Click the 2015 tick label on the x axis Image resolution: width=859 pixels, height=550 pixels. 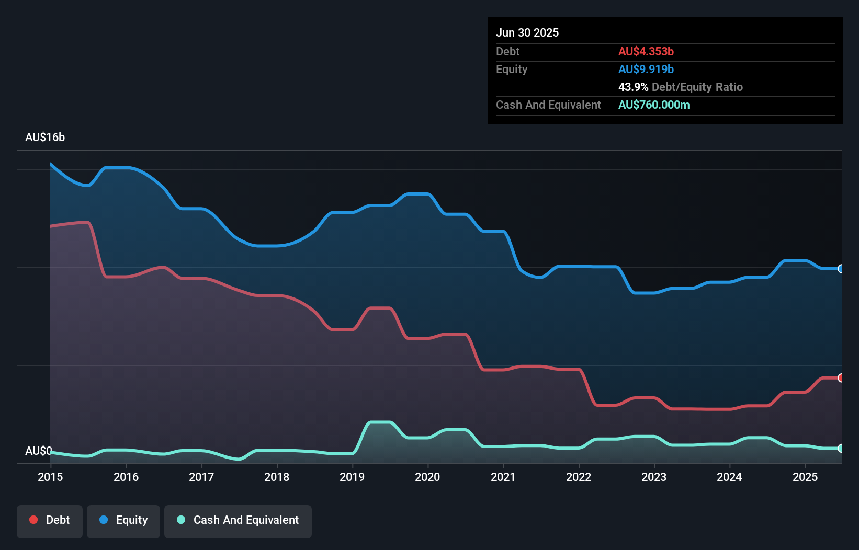pyautogui.click(x=50, y=477)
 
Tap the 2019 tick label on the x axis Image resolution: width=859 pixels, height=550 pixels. pyautogui.click(x=352, y=477)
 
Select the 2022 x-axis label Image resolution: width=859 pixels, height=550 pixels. pyautogui.click(x=579, y=477)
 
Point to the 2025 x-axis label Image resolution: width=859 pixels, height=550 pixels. pyautogui.click(x=805, y=477)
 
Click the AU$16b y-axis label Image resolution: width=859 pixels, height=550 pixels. pyautogui.click(x=45, y=137)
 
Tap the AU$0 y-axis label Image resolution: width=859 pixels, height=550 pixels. pyautogui.click(x=38, y=451)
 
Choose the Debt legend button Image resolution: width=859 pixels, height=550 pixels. pyautogui.click(x=50, y=520)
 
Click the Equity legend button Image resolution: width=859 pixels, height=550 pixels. pyautogui.click(x=123, y=520)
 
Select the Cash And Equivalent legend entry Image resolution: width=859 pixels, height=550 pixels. pyautogui.click(x=238, y=520)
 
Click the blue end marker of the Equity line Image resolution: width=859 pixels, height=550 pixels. pyautogui.click(x=841, y=269)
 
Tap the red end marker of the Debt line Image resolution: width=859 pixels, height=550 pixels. pyautogui.click(x=841, y=377)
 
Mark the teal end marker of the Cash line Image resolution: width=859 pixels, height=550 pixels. pyautogui.click(x=841, y=448)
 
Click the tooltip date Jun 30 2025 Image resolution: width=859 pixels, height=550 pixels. pyautogui.click(x=527, y=32)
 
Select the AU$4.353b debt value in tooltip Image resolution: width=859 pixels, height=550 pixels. pyautogui.click(x=646, y=51)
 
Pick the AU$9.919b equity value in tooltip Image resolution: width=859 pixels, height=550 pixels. pyautogui.click(x=646, y=69)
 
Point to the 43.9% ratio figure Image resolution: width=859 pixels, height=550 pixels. pyautogui.click(x=633, y=87)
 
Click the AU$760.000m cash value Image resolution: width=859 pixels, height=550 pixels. pyautogui.click(x=654, y=105)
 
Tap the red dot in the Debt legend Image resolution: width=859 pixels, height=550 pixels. pyautogui.click(x=33, y=520)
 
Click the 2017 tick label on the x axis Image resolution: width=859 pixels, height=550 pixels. pyautogui.click(x=201, y=477)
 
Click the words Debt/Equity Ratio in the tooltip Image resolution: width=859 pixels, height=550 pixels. pyautogui.click(x=697, y=87)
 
